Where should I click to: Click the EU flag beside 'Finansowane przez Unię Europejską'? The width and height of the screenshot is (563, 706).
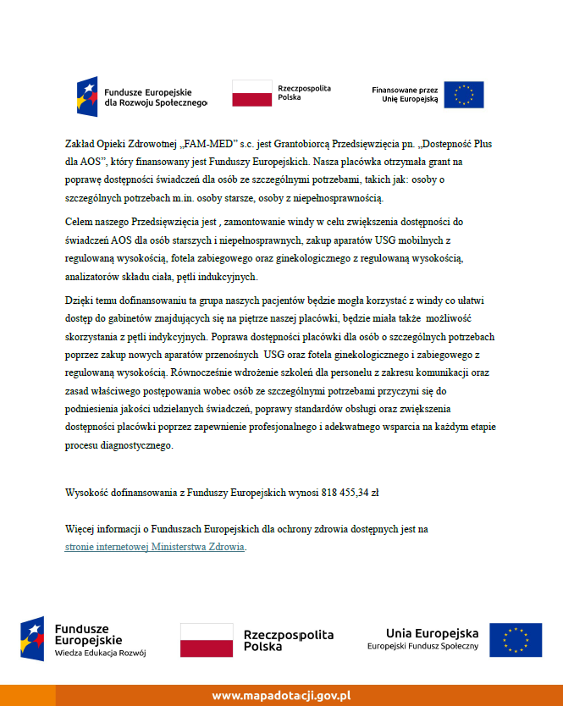[464, 94]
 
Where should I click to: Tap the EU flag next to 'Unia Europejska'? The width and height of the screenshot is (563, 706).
[516, 640]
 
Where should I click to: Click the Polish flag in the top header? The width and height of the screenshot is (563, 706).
[251, 94]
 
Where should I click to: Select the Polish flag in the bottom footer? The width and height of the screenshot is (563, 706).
[207, 640]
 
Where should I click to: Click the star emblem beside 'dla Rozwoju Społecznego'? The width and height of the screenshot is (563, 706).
[87, 94]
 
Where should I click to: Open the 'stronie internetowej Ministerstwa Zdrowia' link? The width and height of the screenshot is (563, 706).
[155, 547]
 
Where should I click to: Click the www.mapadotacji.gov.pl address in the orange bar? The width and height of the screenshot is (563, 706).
[281, 695]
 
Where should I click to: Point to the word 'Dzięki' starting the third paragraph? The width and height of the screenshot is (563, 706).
[80, 301]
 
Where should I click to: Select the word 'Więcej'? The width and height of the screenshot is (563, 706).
[81, 528]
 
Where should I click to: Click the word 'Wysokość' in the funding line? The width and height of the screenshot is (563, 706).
[88, 491]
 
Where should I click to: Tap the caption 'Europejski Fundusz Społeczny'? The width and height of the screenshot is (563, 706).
[422, 647]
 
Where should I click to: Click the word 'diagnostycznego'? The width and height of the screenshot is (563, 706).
[131, 446]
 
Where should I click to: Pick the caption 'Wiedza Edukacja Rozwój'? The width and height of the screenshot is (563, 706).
[101, 653]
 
